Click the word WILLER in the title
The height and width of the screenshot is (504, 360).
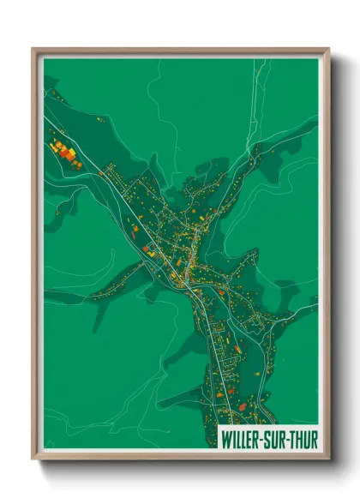coord(241,440)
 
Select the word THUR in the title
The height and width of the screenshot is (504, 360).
coord(303,440)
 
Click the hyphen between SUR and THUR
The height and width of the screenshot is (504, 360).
coord(287,440)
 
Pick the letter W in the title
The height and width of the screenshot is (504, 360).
coord(225,440)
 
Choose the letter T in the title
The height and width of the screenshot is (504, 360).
coord(292,440)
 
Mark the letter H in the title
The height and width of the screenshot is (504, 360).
coord(299,440)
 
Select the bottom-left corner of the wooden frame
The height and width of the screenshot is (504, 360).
coord(33,459)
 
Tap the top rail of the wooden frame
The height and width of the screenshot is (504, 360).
coord(180,51)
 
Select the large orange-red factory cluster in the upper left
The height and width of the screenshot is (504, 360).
coord(63,152)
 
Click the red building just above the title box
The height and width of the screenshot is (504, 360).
coord(243,405)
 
